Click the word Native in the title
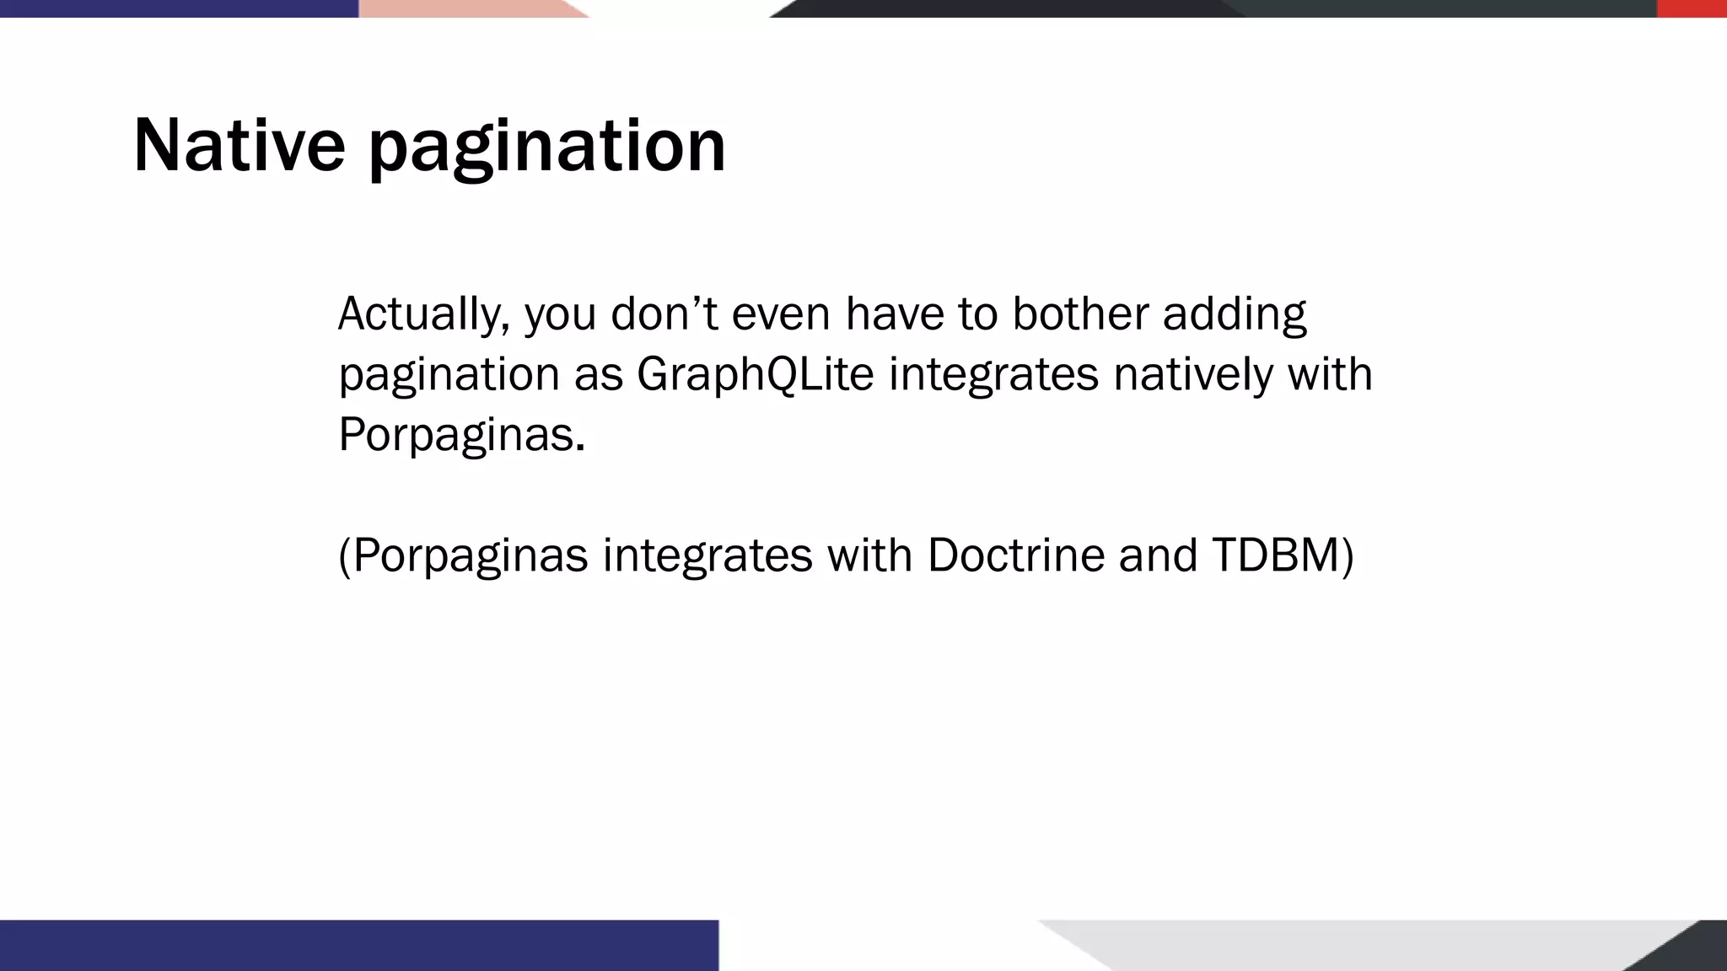239,146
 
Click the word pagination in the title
546,148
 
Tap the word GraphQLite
755,374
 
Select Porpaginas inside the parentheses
470,555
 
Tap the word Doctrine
1015,555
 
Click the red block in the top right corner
1691,8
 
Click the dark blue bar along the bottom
358,945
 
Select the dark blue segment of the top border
177,8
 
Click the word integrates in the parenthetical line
707,555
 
